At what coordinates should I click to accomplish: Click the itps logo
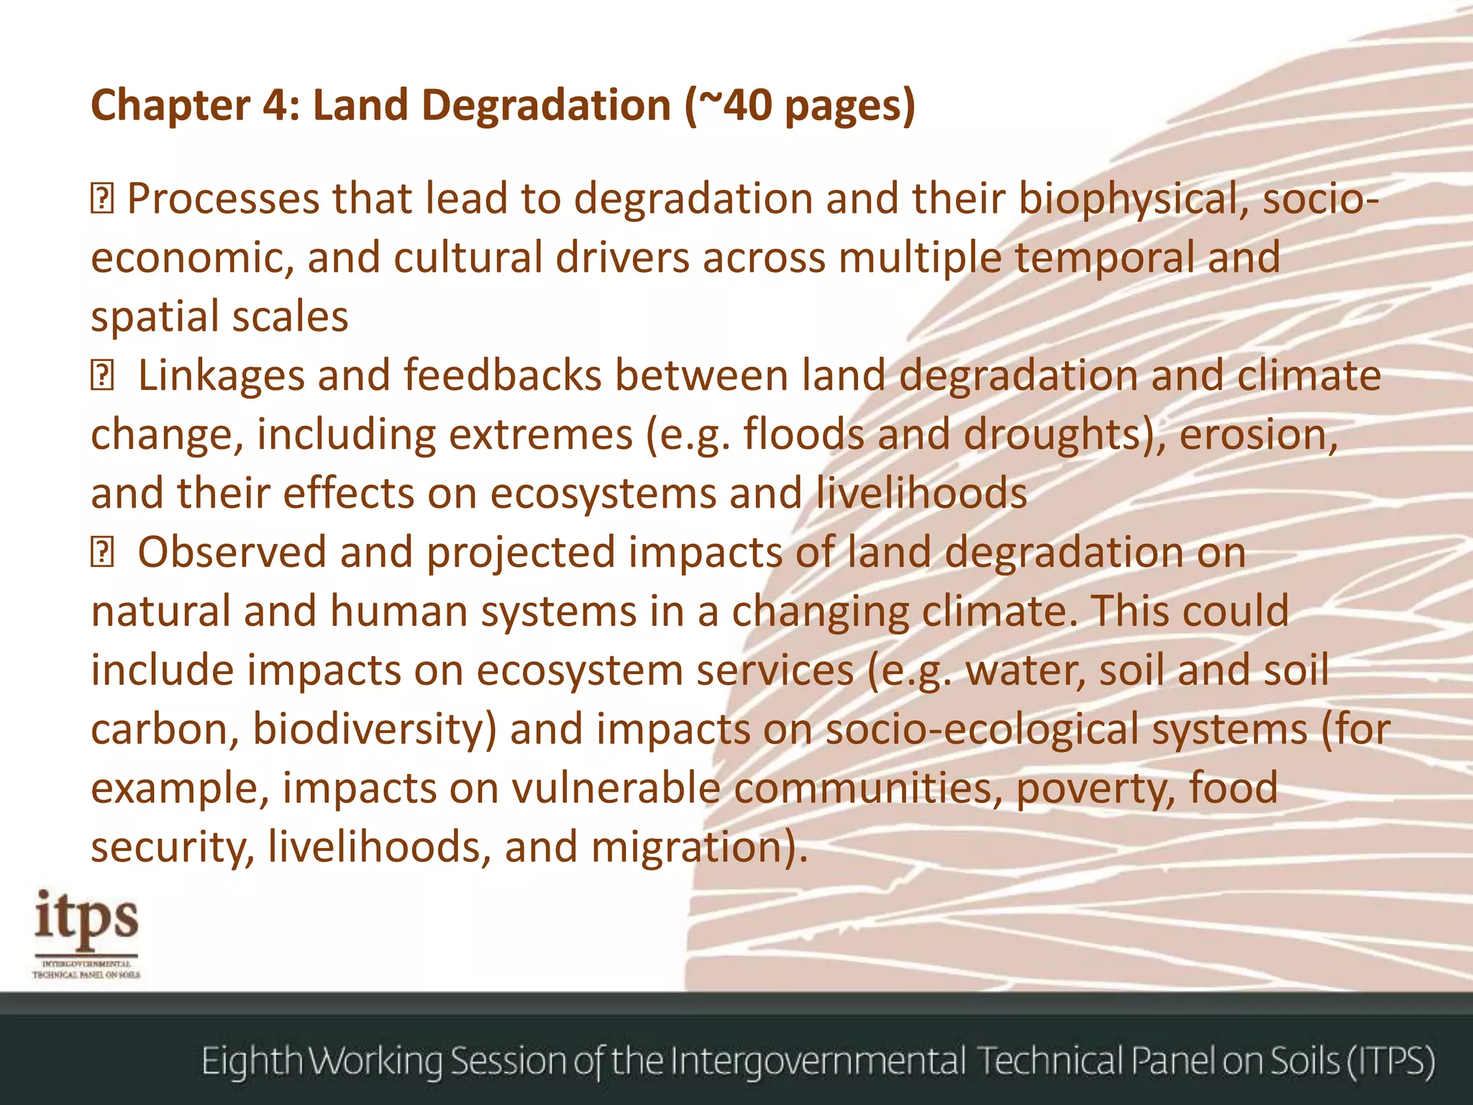coord(86,932)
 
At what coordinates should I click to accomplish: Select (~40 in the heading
coord(728,105)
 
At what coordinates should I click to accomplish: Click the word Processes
coord(223,199)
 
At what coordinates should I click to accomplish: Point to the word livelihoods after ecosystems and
coord(922,494)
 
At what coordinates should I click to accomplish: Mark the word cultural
coord(468,258)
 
